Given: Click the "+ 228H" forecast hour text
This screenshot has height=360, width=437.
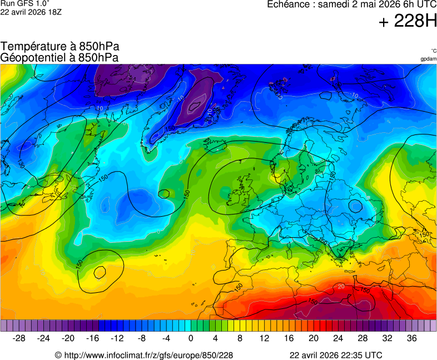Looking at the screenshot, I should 408,22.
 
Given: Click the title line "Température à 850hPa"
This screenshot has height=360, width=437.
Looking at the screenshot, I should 60,47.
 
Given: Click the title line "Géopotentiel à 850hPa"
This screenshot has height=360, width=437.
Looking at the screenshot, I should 59,57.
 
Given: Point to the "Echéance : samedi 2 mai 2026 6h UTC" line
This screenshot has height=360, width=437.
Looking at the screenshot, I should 351,4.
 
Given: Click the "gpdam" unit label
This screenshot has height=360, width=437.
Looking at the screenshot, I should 428,58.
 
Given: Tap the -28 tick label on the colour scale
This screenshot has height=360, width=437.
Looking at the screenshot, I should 19,338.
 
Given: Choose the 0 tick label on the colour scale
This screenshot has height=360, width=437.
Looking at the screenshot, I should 191,338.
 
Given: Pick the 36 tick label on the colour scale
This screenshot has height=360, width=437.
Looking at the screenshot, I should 411,338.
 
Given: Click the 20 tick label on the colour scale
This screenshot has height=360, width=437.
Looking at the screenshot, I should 314,338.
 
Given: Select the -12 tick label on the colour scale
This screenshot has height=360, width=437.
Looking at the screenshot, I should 117,338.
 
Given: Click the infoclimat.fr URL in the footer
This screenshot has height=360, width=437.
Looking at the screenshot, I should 143,355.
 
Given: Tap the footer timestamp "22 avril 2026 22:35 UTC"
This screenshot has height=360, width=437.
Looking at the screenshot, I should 336,355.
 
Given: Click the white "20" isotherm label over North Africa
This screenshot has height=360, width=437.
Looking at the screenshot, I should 340,286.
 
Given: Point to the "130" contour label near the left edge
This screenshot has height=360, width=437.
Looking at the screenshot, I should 21,164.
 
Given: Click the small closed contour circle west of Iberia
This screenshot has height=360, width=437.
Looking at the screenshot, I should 100,272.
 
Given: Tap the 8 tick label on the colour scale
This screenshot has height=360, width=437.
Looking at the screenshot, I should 240,338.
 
